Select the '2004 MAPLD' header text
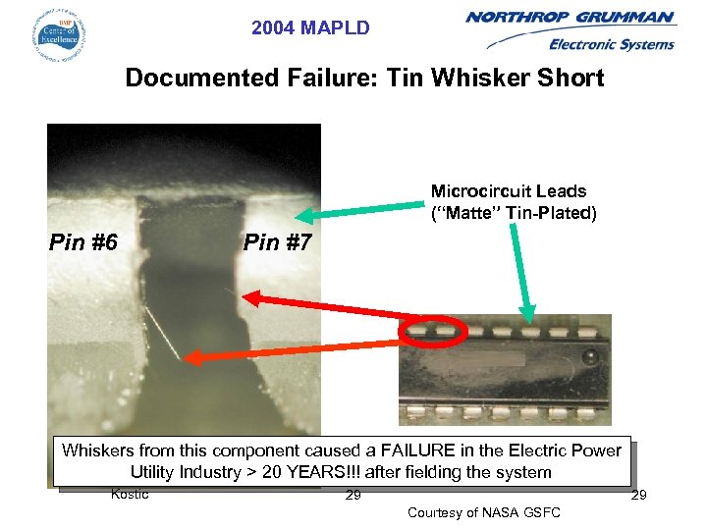click(x=310, y=28)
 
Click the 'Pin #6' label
click(x=83, y=241)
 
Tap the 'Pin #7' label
click(x=277, y=241)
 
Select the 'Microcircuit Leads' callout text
click(x=509, y=191)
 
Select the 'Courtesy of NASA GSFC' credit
click(x=483, y=512)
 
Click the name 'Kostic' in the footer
click(x=130, y=494)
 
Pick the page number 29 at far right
click(x=638, y=495)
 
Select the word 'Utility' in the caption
click(x=160, y=472)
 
